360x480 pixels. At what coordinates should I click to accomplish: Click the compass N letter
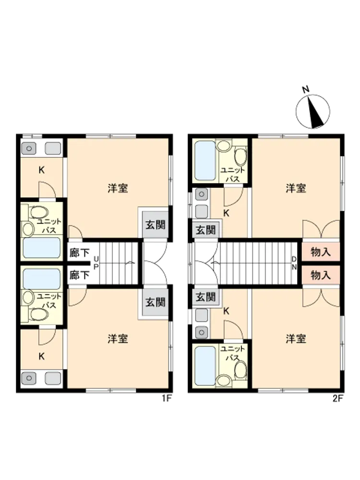(305, 89)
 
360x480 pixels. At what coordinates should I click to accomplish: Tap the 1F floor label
(167, 398)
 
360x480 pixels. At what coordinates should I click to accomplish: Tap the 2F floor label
(338, 398)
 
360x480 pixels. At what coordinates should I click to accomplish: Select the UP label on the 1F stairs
(96, 263)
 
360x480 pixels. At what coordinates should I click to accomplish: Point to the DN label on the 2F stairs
(294, 263)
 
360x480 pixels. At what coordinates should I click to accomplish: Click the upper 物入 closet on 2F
(321, 252)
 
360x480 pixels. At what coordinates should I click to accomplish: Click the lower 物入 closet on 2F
(321, 275)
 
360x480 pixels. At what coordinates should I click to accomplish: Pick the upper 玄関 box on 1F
(156, 225)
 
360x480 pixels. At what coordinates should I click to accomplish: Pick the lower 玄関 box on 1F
(156, 302)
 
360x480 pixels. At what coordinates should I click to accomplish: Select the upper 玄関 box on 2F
(206, 230)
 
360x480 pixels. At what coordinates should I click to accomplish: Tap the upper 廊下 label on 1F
(79, 253)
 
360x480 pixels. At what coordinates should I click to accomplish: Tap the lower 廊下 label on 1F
(79, 275)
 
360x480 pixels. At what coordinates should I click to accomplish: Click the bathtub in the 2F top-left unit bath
(205, 160)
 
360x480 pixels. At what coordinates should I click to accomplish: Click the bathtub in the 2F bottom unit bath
(205, 366)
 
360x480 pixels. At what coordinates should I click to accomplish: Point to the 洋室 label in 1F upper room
(118, 188)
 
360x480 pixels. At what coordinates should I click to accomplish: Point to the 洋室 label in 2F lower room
(296, 339)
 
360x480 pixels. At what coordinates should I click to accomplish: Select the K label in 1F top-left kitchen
(41, 170)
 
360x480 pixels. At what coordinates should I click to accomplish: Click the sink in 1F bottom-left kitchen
(29, 378)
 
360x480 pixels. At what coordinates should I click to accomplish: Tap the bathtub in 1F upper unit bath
(42, 248)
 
